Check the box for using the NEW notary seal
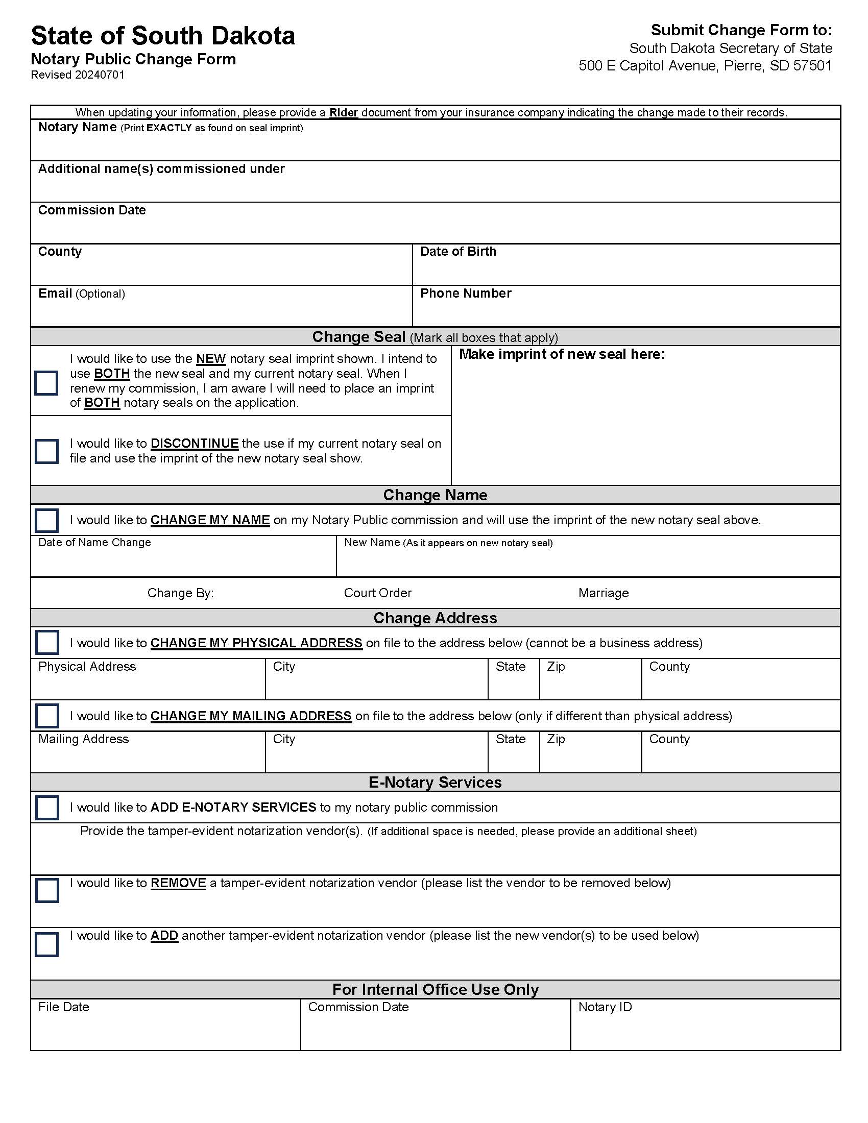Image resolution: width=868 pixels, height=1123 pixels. [46, 383]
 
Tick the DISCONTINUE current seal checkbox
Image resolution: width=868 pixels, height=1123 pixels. [46, 451]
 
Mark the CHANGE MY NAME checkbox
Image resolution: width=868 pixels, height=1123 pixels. [46, 520]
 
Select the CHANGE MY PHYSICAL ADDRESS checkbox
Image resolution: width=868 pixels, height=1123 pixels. [47, 643]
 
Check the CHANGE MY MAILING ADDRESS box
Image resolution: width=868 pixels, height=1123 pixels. [47, 716]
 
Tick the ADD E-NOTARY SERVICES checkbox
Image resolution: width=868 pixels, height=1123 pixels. [47, 808]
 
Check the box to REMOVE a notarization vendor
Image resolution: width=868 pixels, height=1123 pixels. [47, 890]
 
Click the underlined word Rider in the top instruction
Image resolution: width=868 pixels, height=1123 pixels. [344, 113]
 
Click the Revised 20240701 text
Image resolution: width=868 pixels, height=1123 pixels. [78, 75]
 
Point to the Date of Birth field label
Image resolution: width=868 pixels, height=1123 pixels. [457, 252]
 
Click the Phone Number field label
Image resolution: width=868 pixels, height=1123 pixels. [465, 293]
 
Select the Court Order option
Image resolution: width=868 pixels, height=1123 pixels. [377, 593]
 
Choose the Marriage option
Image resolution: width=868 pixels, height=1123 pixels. [603, 593]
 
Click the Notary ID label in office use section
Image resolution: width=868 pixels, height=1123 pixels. [605, 1007]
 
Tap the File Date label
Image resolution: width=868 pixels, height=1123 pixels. [64, 1007]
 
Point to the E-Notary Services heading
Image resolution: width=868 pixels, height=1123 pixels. [435, 782]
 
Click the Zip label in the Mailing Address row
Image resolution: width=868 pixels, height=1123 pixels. [556, 739]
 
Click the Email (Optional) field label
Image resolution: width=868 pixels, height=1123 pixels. [81, 294]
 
